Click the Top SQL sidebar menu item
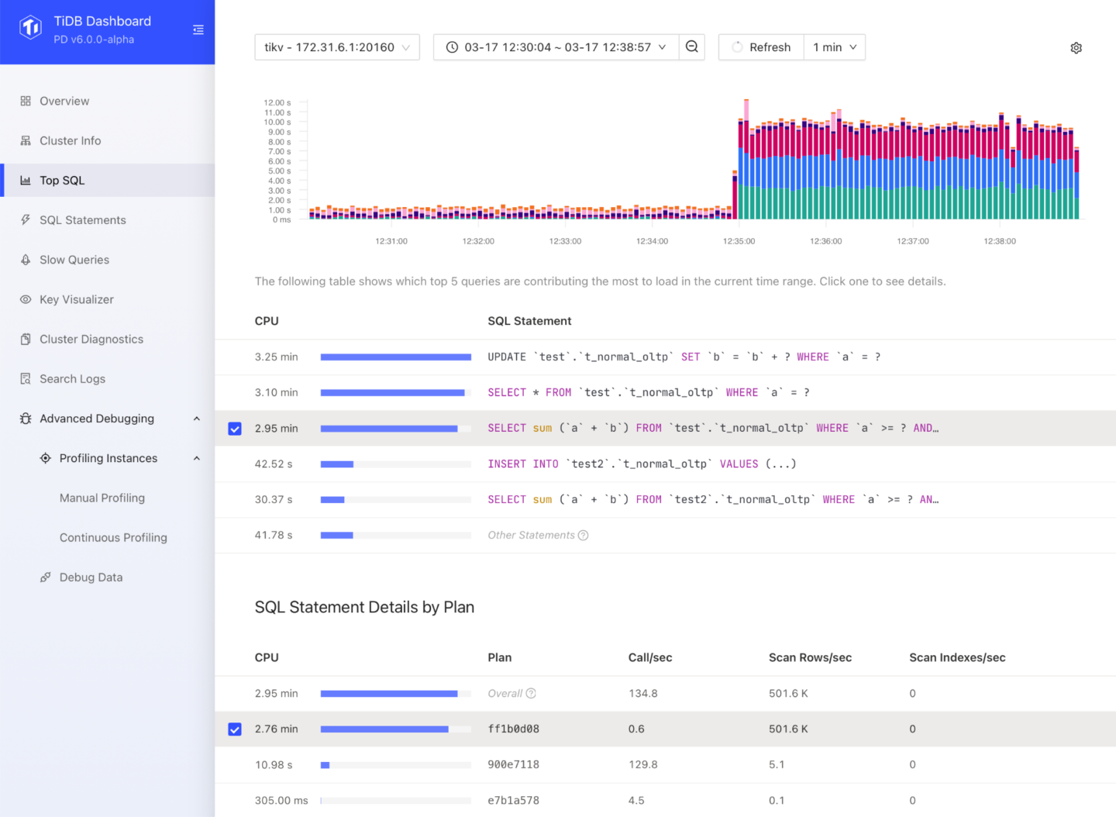point(62,181)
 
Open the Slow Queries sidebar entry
point(74,260)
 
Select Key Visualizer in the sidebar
point(76,299)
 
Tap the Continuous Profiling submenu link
point(113,537)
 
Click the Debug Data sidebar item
point(91,577)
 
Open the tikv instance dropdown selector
point(337,47)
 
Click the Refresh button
point(761,47)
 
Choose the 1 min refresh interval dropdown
point(834,47)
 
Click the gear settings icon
point(1076,48)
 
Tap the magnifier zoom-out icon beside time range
point(692,47)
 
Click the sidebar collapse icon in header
point(198,29)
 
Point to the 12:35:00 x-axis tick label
point(739,241)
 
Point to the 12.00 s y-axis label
point(277,102)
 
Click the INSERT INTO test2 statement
point(642,464)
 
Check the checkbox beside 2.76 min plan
point(235,729)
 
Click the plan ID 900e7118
point(513,764)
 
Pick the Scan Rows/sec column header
point(810,657)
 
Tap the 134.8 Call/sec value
point(642,693)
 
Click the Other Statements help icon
point(584,536)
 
